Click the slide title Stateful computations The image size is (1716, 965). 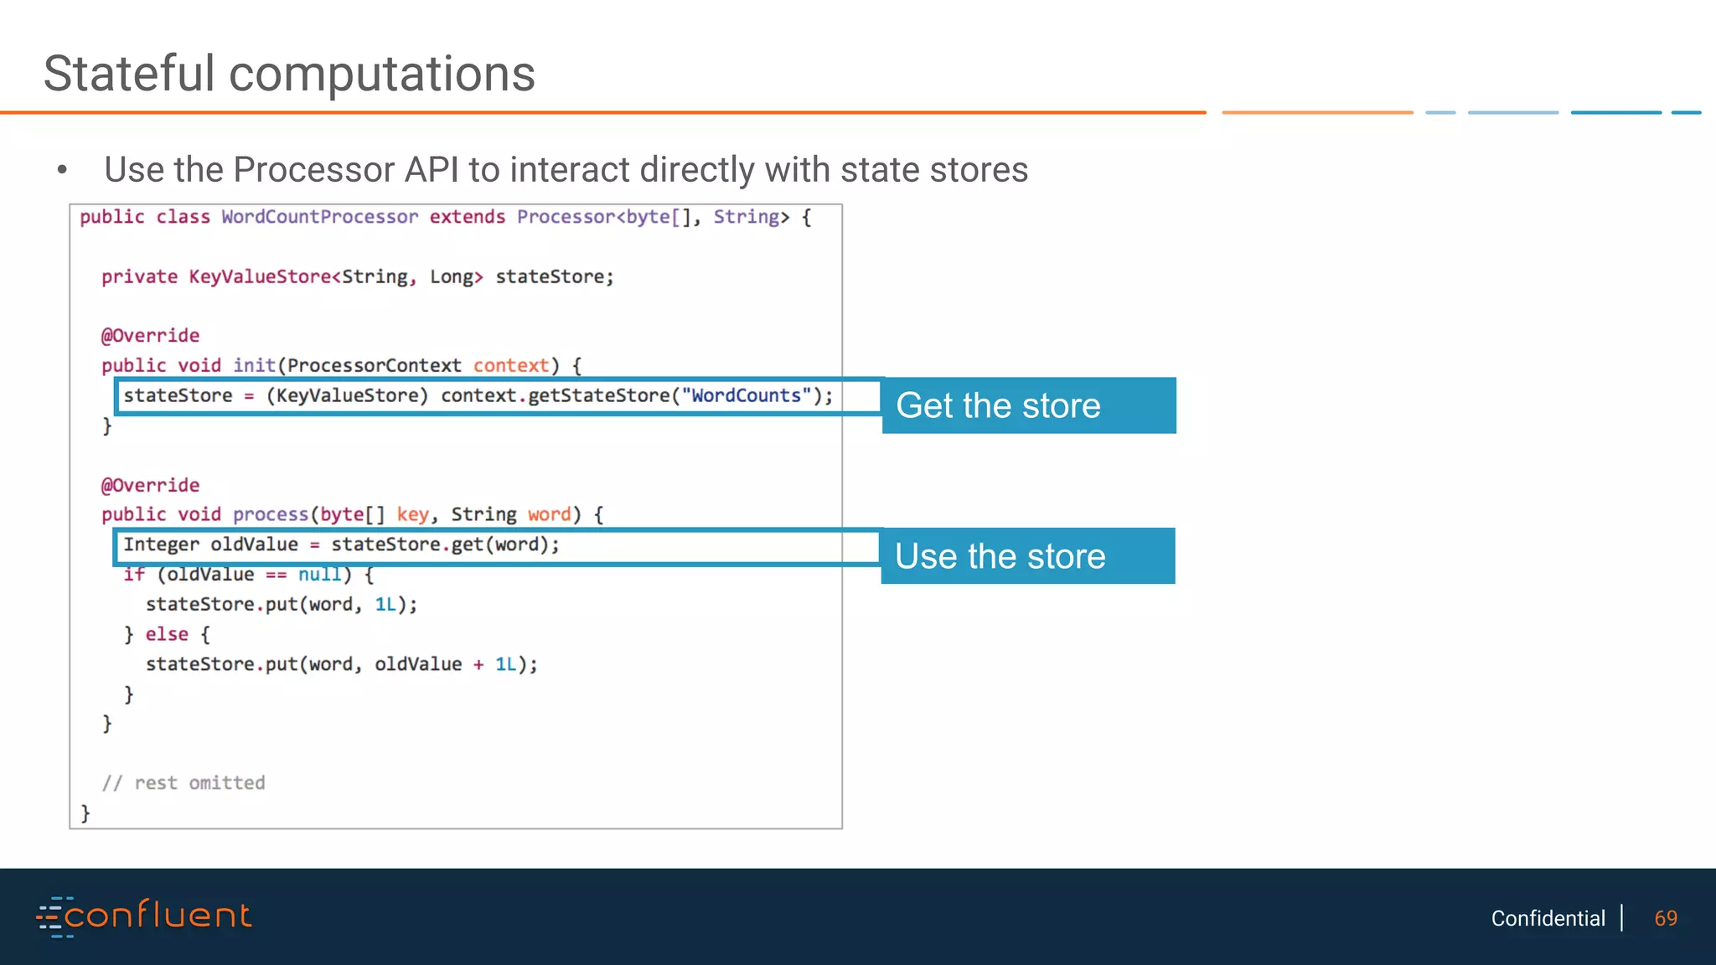click(x=289, y=74)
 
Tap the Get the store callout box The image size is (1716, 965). click(x=1029, y=405)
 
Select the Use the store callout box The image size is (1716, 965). click(x=1028, y=556)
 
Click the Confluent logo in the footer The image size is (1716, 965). click(x=144, y=916)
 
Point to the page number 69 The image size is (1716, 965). click(x=1666, y=918)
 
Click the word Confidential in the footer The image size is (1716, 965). click(x=1548, y=918)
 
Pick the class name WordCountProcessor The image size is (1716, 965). click(x=319, y=217)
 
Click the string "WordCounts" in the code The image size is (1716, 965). click(x=746, y=395)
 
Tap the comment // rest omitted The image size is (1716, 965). click(x=183, y=783)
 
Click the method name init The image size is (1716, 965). click(x=254, y=366)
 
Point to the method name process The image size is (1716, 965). click(x=271, y=514)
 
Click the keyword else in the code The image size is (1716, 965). click(x=167, y=634)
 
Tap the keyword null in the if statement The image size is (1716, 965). click(x=319, y=575)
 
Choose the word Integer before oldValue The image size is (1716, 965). click(x=161, y=544)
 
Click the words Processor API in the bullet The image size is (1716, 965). click(x=346, y=170)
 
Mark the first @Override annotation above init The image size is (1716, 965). click(x=150, y=336)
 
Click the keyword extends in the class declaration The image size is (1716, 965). click(x=467, y=217)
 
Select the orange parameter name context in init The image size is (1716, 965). click(x=511, y=366)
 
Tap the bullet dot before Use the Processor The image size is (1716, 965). click(x=62, y=170)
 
